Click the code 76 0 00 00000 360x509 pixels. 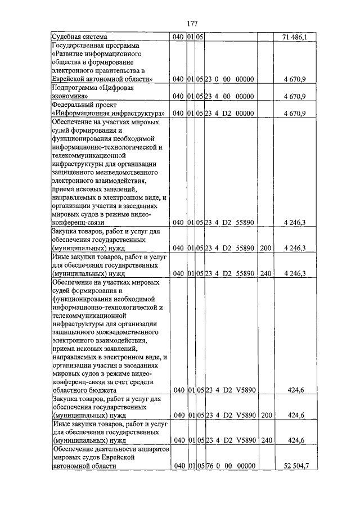230,466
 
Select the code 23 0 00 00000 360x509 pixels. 230,79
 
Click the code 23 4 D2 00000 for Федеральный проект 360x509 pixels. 230,114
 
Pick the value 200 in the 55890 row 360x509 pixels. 266,247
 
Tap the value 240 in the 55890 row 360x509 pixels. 266,273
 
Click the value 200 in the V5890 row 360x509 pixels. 266,415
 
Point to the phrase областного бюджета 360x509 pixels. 84,389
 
